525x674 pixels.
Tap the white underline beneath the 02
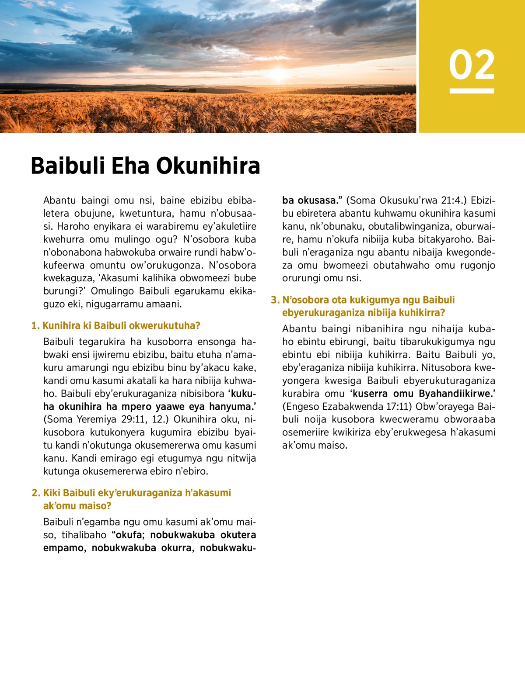point(472,91)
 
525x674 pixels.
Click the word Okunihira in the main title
point(208,166)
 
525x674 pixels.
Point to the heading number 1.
point(35,325)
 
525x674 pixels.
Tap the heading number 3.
point(275,300)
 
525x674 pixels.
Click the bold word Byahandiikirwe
point(455,394)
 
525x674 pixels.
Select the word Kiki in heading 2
point(52,493)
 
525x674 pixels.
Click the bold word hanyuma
point(232,407)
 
